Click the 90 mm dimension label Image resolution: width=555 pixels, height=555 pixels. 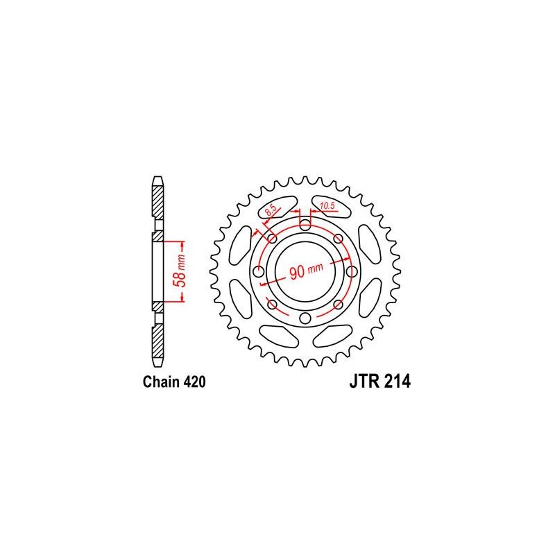pos(306,271)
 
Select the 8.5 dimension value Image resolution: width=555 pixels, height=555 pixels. pos(271,211)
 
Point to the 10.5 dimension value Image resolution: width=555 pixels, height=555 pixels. pos(327,205)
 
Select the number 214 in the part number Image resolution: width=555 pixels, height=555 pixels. pos(398,382)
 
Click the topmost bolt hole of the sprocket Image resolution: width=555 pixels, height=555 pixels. pos(305,224)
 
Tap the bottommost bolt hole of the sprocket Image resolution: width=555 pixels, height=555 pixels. pos(305,318)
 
